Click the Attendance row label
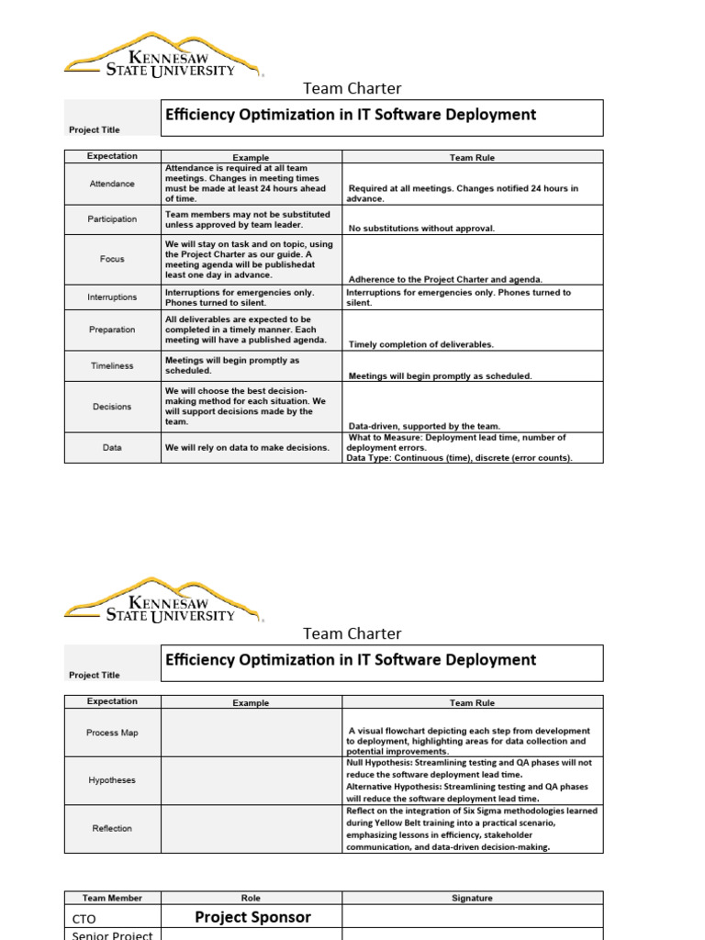112,184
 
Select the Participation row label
112,219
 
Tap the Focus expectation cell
112,259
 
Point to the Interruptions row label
112,297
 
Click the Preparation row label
112,330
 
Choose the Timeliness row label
112,365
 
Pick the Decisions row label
112,407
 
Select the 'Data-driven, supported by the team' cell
425,426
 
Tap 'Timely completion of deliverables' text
421,344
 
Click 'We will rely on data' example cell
247,448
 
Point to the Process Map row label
112,733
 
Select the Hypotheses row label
112,780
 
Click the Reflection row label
112,828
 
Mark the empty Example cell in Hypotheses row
251,780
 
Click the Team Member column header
112,898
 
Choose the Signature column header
472,898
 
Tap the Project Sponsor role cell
252,917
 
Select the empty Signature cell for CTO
472,917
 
